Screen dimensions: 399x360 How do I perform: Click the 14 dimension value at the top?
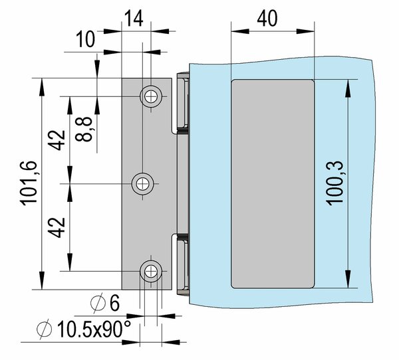coord(134,19)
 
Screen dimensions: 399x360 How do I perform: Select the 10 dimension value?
coord(86,39)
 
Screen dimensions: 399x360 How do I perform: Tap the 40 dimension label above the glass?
coord(267,19)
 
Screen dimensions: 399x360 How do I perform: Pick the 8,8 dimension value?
coord(84,129)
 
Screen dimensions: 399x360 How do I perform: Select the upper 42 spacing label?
coord(57,140)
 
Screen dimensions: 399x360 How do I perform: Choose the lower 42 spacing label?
coord(57,228)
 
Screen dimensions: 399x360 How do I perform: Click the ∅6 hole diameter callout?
coord(105,303)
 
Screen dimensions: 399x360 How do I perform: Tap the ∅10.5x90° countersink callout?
coord(84,329)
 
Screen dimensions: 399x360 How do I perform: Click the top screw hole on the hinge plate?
coord(151,96)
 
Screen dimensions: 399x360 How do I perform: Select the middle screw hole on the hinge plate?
coord(142,184)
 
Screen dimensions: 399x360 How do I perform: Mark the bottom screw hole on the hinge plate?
coord(151,272)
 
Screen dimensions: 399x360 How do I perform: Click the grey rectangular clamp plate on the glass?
coord(273,184)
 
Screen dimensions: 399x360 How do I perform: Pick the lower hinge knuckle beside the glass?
coord(182,265)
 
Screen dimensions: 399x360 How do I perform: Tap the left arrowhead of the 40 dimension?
coord(240,31)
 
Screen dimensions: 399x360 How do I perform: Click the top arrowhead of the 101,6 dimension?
coord(42,87)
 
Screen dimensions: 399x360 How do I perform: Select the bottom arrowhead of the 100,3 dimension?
coord(348,279)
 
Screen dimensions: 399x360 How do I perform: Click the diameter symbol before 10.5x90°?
coord(45,329)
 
